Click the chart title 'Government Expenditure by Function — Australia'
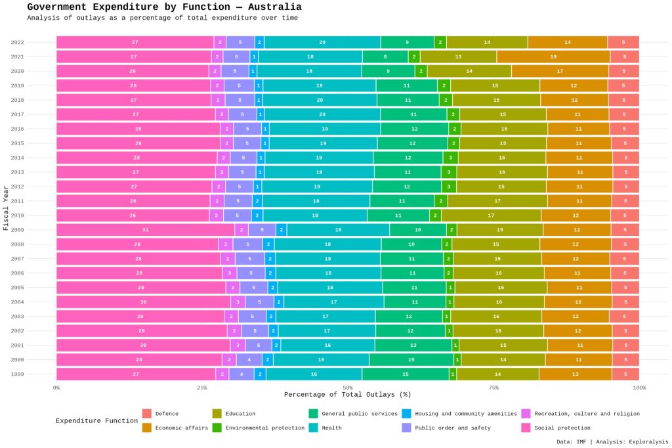pyautogui.click(x=164, y=7)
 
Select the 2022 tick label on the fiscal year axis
pyautogui.click(x=18, y=42)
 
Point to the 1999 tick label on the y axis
pyautogui.click(x=18, y=374)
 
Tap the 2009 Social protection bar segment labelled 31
pyautogui.click(x=145, y=230)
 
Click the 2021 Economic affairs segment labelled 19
pyautogui.click(x=553, y=56)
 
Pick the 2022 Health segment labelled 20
pyautogui.click(x=322, y=42)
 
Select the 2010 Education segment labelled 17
pyautogui.click(x=491, y=215)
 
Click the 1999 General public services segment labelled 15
pyautogui.click(x=406, y=374)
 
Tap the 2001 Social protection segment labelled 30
pyautogui.click(x=143, y=346)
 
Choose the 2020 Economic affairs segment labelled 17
pyautogui.click(x=560, y=71)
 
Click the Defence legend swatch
pyautogui.click(x=146, y=414)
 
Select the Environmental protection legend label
pyautogui.click(x=265, y=428)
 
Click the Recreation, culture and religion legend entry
pyautogui.click(x=587, y=414)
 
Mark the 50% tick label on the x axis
pyautogui.click(x=348, y=388)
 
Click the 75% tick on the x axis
pyautogui.click(x=493, y=388)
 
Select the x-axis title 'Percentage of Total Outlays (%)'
pyautogui.click(x=348, y=395)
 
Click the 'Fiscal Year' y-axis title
pyautogui.click(x=6, y=208)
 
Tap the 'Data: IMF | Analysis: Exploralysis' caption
pyautogui.click(x=612, y=442)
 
